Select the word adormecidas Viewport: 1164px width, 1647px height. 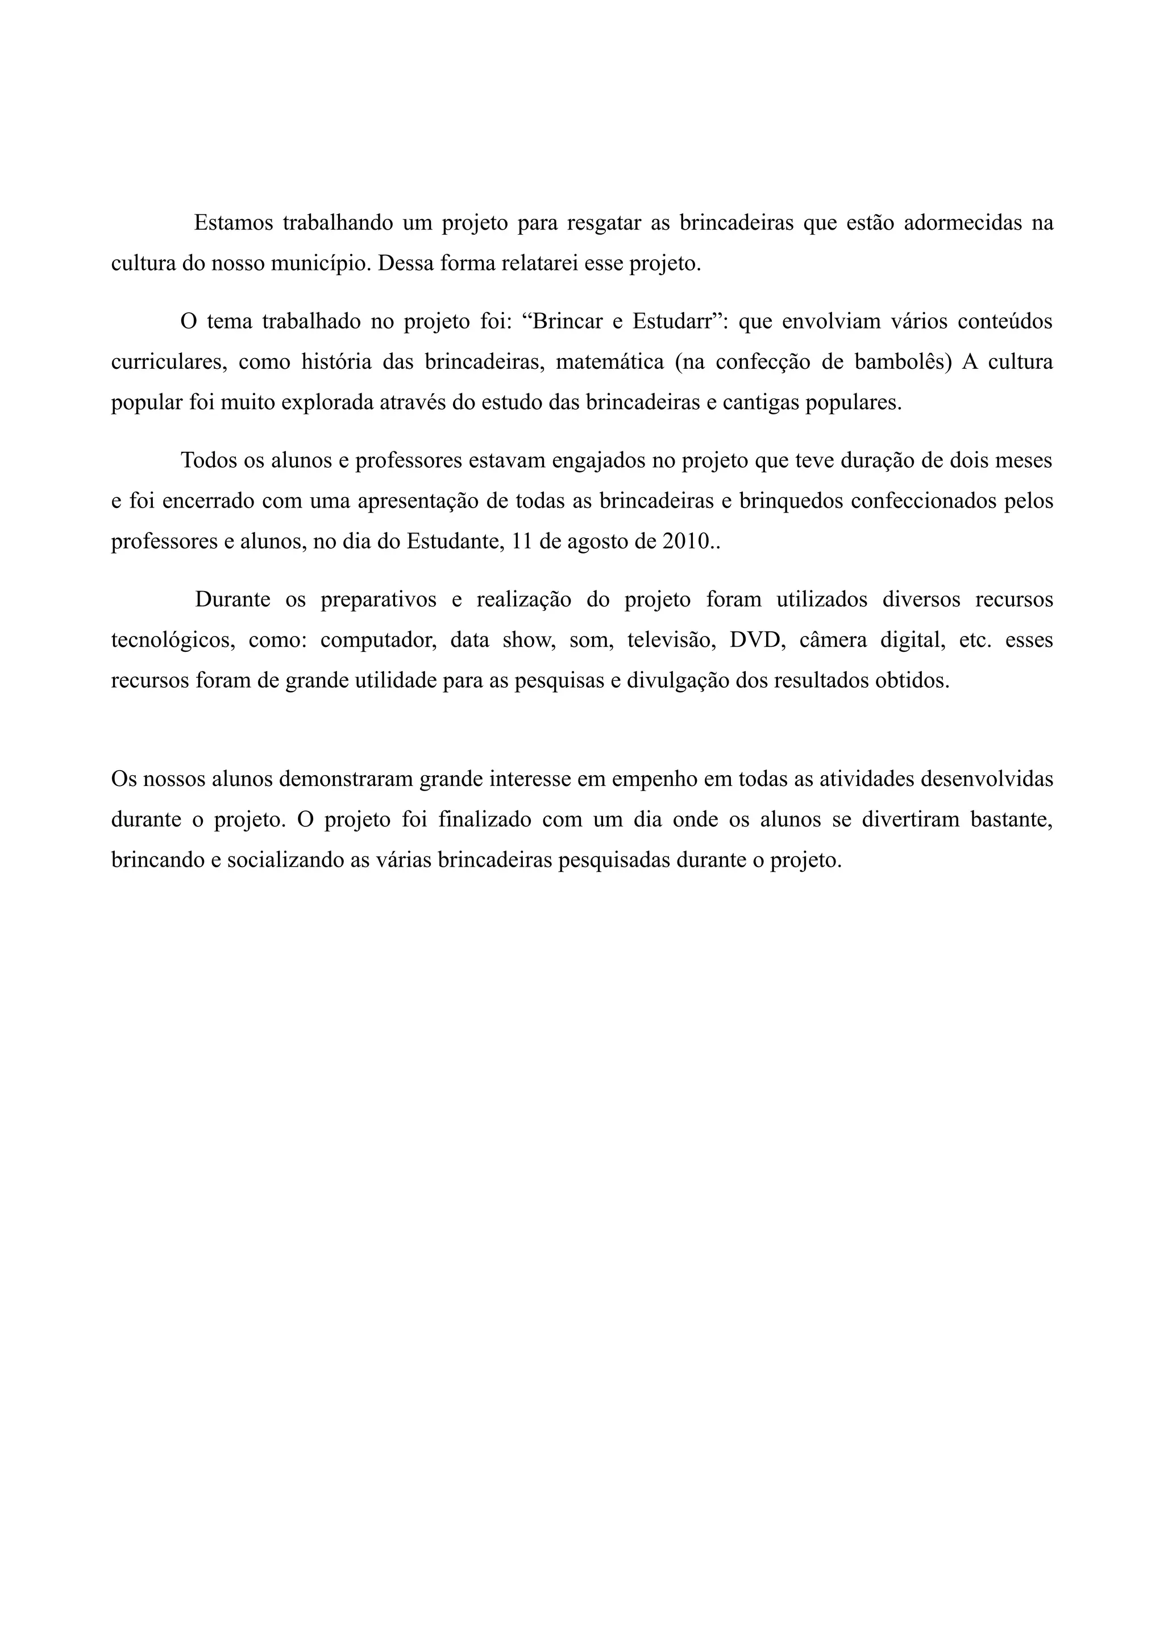962,223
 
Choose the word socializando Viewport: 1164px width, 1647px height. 285,860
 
